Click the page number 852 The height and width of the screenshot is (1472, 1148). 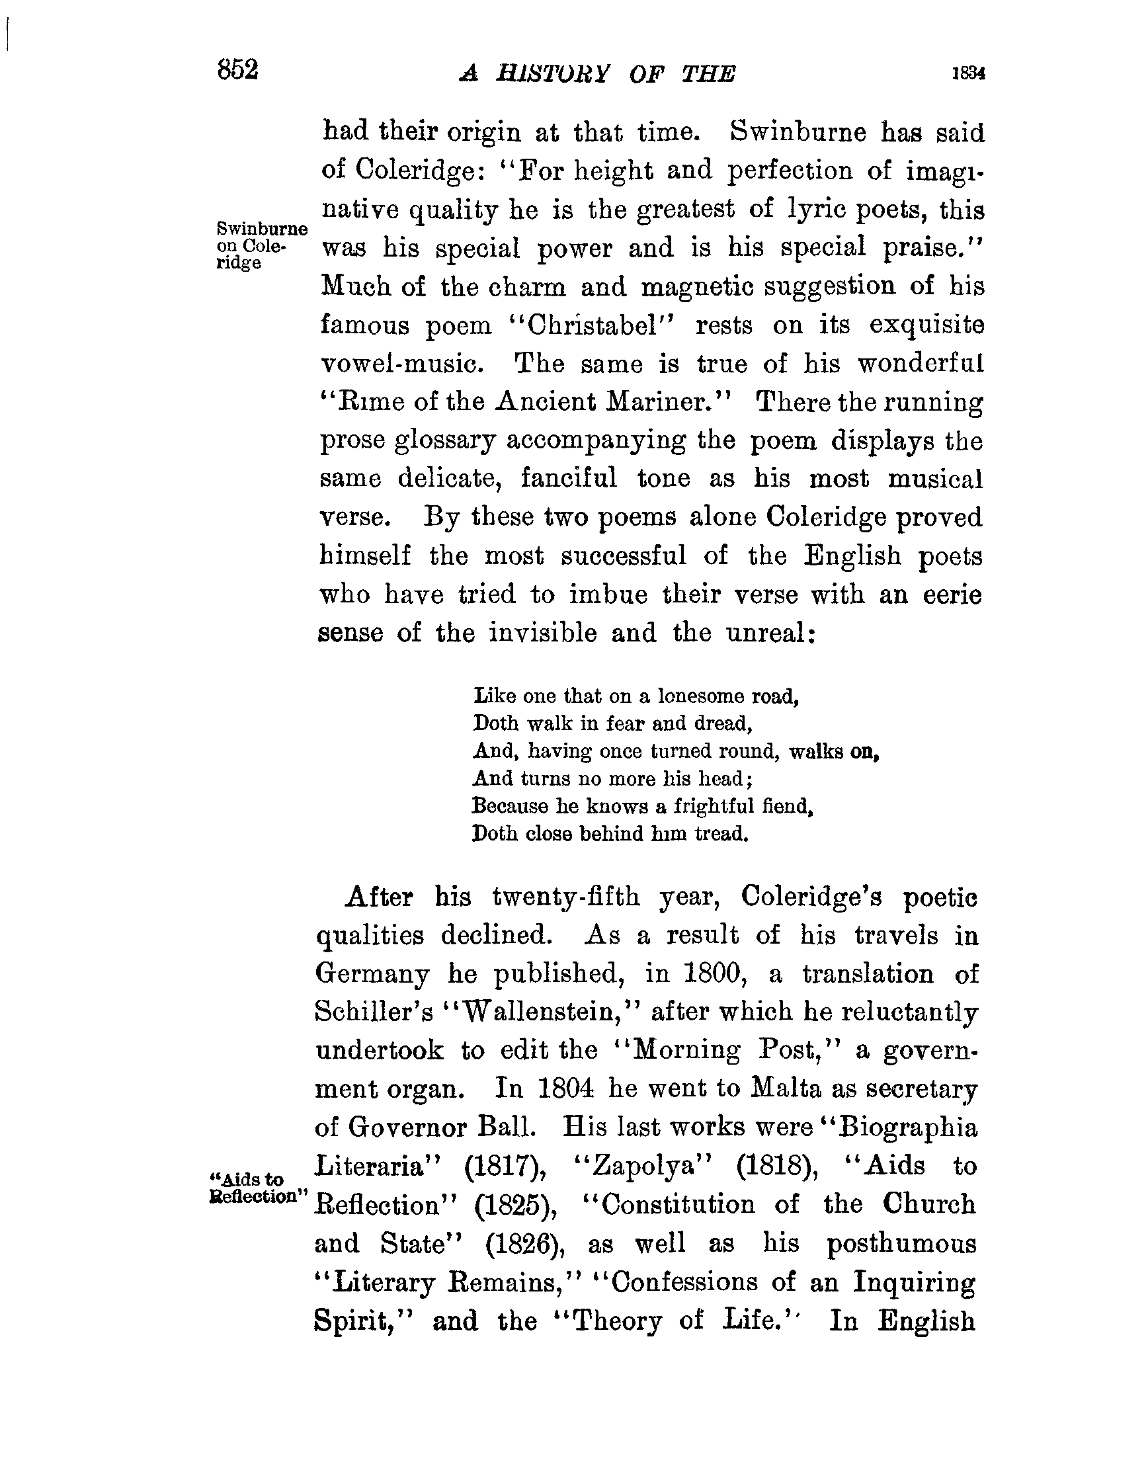[x=238, y=70]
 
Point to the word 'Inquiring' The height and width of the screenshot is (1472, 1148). [x=914, y=1282]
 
